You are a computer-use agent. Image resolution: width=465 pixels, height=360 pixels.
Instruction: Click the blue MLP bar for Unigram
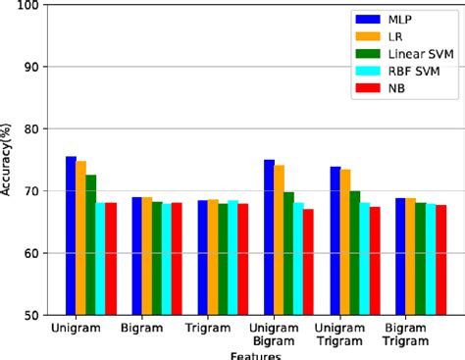click(x=71, y=235)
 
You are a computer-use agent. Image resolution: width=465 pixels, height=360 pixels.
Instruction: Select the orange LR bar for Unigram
click(x=80, y=237)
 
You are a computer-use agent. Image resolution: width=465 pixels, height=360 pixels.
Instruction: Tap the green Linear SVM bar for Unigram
click(x=90, y=244)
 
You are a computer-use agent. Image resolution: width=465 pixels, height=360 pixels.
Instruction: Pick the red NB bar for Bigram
click(x=177, y=259)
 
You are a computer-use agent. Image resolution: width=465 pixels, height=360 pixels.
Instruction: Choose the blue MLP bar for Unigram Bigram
click(x=269, y=237)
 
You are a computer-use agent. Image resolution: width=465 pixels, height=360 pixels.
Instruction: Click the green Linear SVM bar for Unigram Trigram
click(x=354, y=253)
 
